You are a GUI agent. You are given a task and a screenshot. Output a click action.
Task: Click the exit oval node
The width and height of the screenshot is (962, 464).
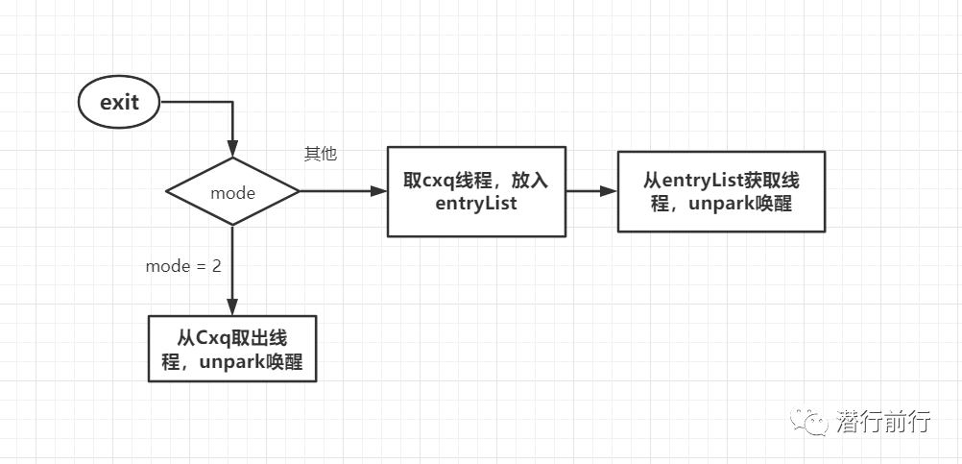(x=119, y=102)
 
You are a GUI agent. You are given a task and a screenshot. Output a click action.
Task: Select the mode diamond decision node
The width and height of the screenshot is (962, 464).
(x=232, y=192)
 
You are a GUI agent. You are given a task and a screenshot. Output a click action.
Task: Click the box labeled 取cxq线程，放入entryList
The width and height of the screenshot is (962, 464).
(x=475, y=191)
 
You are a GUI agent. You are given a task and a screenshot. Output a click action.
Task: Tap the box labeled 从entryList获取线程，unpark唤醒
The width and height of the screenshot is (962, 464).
(x=720, y=191)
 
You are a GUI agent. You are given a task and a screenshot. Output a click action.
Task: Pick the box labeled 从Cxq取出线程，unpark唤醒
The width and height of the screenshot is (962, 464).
(x=231, y=351)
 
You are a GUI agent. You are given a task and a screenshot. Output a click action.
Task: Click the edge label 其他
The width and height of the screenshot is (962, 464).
(x=321, y=154)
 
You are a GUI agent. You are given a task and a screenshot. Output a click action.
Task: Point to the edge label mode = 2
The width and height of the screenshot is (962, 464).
(x=183, y=266)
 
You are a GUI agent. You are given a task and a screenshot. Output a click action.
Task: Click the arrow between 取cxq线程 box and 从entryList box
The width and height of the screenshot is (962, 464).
(x=590, y=191)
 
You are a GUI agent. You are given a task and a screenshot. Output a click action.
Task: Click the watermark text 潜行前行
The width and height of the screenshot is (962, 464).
(x=883, y=421)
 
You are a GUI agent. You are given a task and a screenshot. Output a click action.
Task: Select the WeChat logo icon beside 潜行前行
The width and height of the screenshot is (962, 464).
(x=808, y=421)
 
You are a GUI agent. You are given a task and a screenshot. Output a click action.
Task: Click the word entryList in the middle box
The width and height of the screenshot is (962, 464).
(x=476, y=203)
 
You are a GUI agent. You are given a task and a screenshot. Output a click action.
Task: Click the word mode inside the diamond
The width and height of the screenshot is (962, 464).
(x=232, y=193)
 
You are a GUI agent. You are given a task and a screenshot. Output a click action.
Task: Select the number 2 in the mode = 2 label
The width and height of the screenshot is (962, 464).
(x=216, y=266)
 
